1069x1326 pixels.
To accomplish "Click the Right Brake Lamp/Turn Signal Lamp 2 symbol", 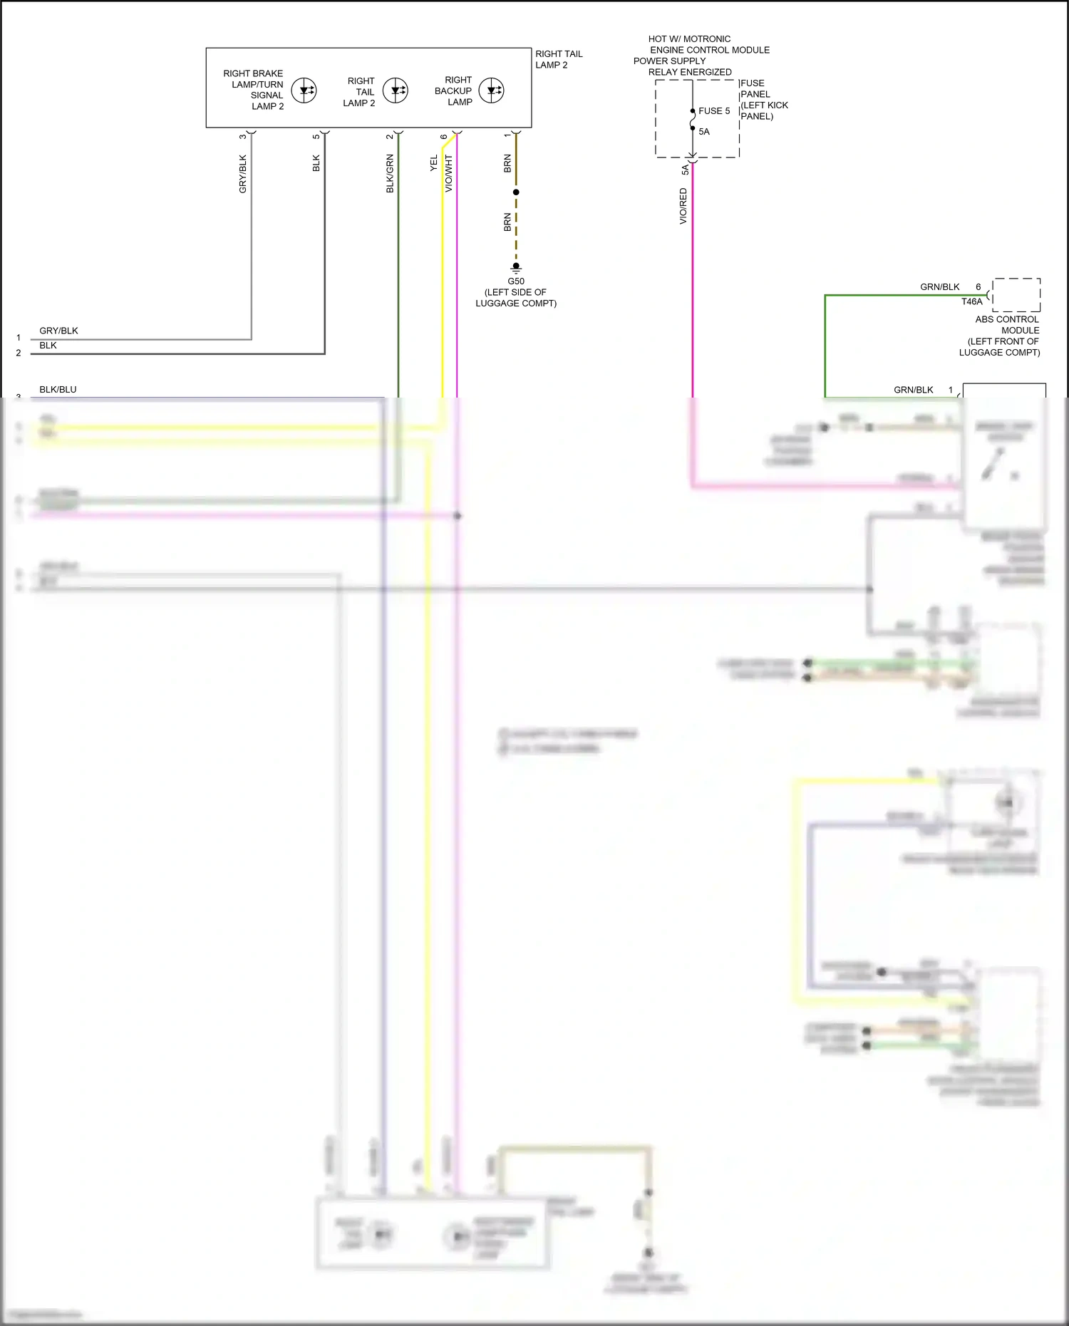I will tap(304, 90).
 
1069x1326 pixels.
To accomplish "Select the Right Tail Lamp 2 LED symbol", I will tap(396, 90).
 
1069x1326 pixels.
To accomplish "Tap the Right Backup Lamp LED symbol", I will tap(492, 90).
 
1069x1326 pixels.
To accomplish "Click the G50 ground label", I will tap(516, 281).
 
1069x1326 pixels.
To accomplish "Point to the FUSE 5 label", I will tap(714, 111).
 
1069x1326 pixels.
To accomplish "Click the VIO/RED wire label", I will tap(683, 207).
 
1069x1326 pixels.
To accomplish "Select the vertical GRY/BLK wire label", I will tap(243, 174).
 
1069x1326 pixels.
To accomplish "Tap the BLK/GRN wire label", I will tap(390, 174).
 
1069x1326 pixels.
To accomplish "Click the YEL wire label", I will tap(434, 164).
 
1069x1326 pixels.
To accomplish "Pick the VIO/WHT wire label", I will tap(449, 174).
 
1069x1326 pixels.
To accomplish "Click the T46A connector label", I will tap(971, 302).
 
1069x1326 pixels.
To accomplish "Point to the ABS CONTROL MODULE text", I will tap(1007, 325).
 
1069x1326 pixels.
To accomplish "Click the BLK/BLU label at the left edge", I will tap(58, 390).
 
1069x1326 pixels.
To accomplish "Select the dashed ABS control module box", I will tap(1016, 295).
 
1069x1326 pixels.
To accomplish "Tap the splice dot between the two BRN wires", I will tap(516, 192).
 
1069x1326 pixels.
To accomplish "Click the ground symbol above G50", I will tap(516, 269).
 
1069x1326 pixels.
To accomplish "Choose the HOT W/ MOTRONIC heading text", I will tap(689, 39).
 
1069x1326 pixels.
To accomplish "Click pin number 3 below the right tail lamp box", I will tap(243, 136).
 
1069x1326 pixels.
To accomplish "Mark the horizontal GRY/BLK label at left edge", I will tap(58, 331).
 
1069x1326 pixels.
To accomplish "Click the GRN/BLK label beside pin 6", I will tap(939, 287).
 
